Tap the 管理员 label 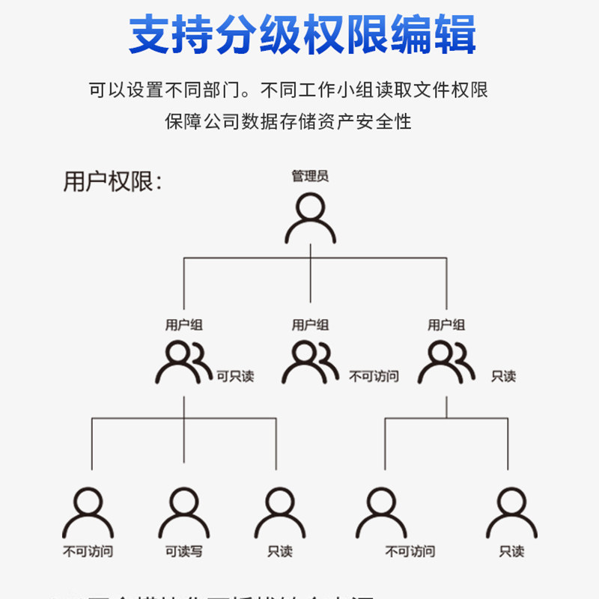pos(310,177)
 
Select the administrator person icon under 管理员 pos(310,218)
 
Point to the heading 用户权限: pos(112,182)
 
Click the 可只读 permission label pos(235,376)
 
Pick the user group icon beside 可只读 pos(183,362)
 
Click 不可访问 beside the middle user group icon pos(374,376)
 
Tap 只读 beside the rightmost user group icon pos(503,376)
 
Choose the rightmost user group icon pos(446,362)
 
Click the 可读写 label pos(184,552)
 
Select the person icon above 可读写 pos(184,513)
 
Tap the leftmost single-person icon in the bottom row pos(88,513)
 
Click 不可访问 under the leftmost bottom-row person pos(88,552)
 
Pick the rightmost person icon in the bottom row pos(512,513)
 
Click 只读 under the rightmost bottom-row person pos(512,552)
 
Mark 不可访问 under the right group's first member pos(410,552)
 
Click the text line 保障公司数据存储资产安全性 pos(288,121)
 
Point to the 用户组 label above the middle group pos(310,325)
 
